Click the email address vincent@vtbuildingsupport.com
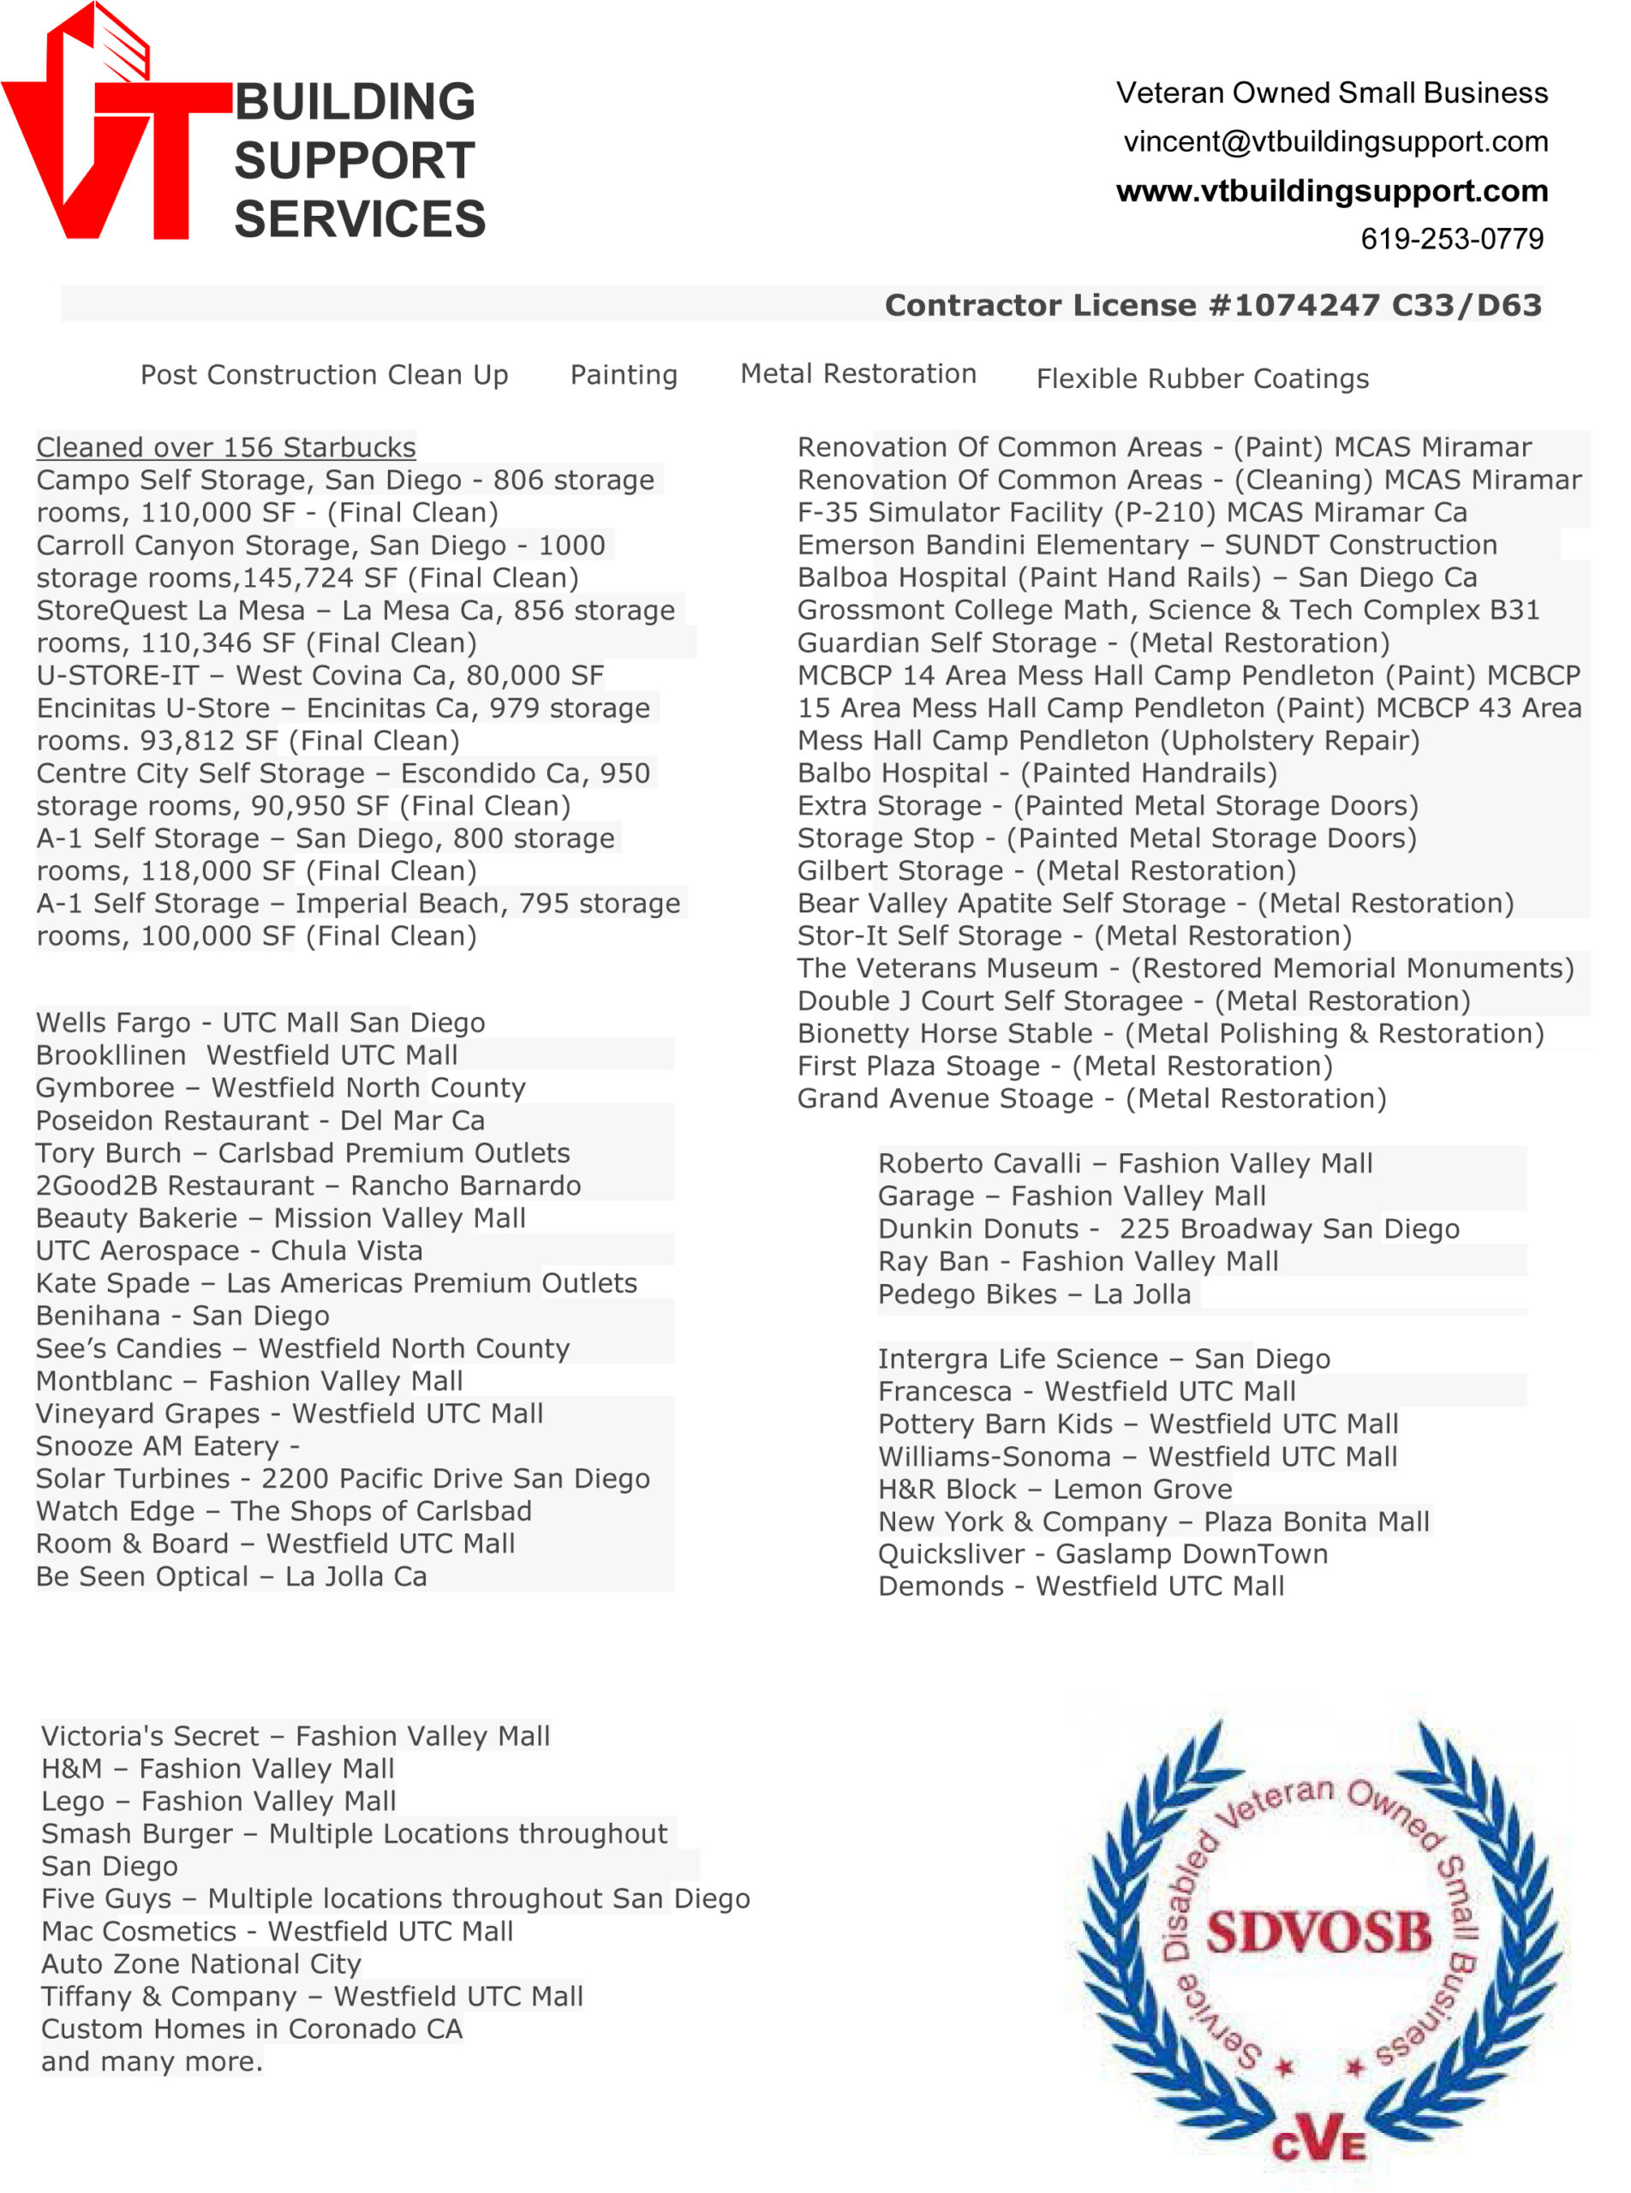click(1335, 141)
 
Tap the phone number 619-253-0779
click(1451, 238)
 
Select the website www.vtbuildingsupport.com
click(1331, 190)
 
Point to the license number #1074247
click(1293, 305)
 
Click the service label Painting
click(623, 375)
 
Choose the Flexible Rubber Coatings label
click(1202, 379)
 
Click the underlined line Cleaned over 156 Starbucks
click(226, 447)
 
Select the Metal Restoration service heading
click(858, 374)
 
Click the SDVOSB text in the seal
click(1318, 1933)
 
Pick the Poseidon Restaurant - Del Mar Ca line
click(260, 1120)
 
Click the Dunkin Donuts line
click(1168, 1229)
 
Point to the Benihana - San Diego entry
click(182, 1316)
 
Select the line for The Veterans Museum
click(1185, 969)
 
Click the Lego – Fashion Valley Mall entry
click(218, 1802)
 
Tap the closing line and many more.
click(152, 2062)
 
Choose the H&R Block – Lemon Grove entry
click(1054, 1489)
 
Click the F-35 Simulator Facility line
click(1132, 512)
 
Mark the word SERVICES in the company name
click(360, 219)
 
